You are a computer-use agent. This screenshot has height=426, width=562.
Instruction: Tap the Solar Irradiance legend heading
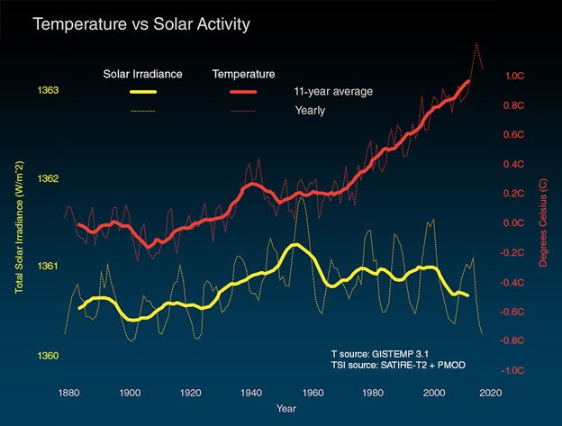click(x=142, y=73)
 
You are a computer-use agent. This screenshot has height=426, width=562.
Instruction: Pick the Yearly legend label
click(x=309, y=111)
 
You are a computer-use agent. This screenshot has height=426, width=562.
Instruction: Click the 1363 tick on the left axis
click(x=49, y=91)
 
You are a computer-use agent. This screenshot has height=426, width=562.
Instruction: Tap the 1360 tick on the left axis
click(x=49, y=356)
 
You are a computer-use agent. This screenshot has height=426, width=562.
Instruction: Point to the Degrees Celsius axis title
click(x=543, y=223)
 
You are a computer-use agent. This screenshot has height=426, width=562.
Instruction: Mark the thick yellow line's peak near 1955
click(x=294, y=245)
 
